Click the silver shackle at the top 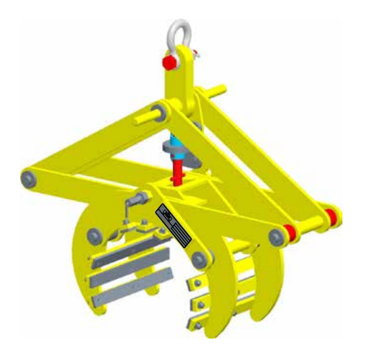click(x=180, y=35)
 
